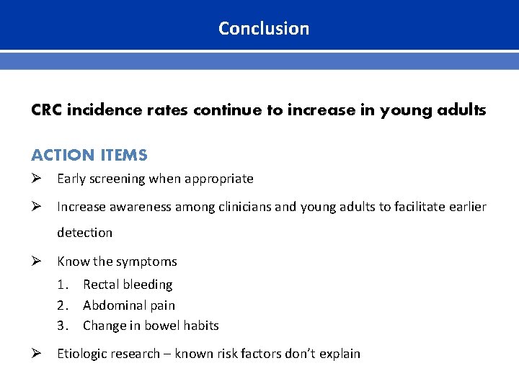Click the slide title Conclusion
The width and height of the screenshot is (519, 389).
point(264,29)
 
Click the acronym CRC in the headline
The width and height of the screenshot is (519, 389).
point(47,110)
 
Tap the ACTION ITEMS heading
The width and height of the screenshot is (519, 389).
point(89,155)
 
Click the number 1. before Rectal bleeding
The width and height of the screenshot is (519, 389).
point(64,285)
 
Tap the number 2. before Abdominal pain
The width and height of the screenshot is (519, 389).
point(64,305)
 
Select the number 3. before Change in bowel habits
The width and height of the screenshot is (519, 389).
point(64,326)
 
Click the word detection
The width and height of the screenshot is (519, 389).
point(85,233)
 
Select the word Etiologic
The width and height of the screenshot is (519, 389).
point(84,353)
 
